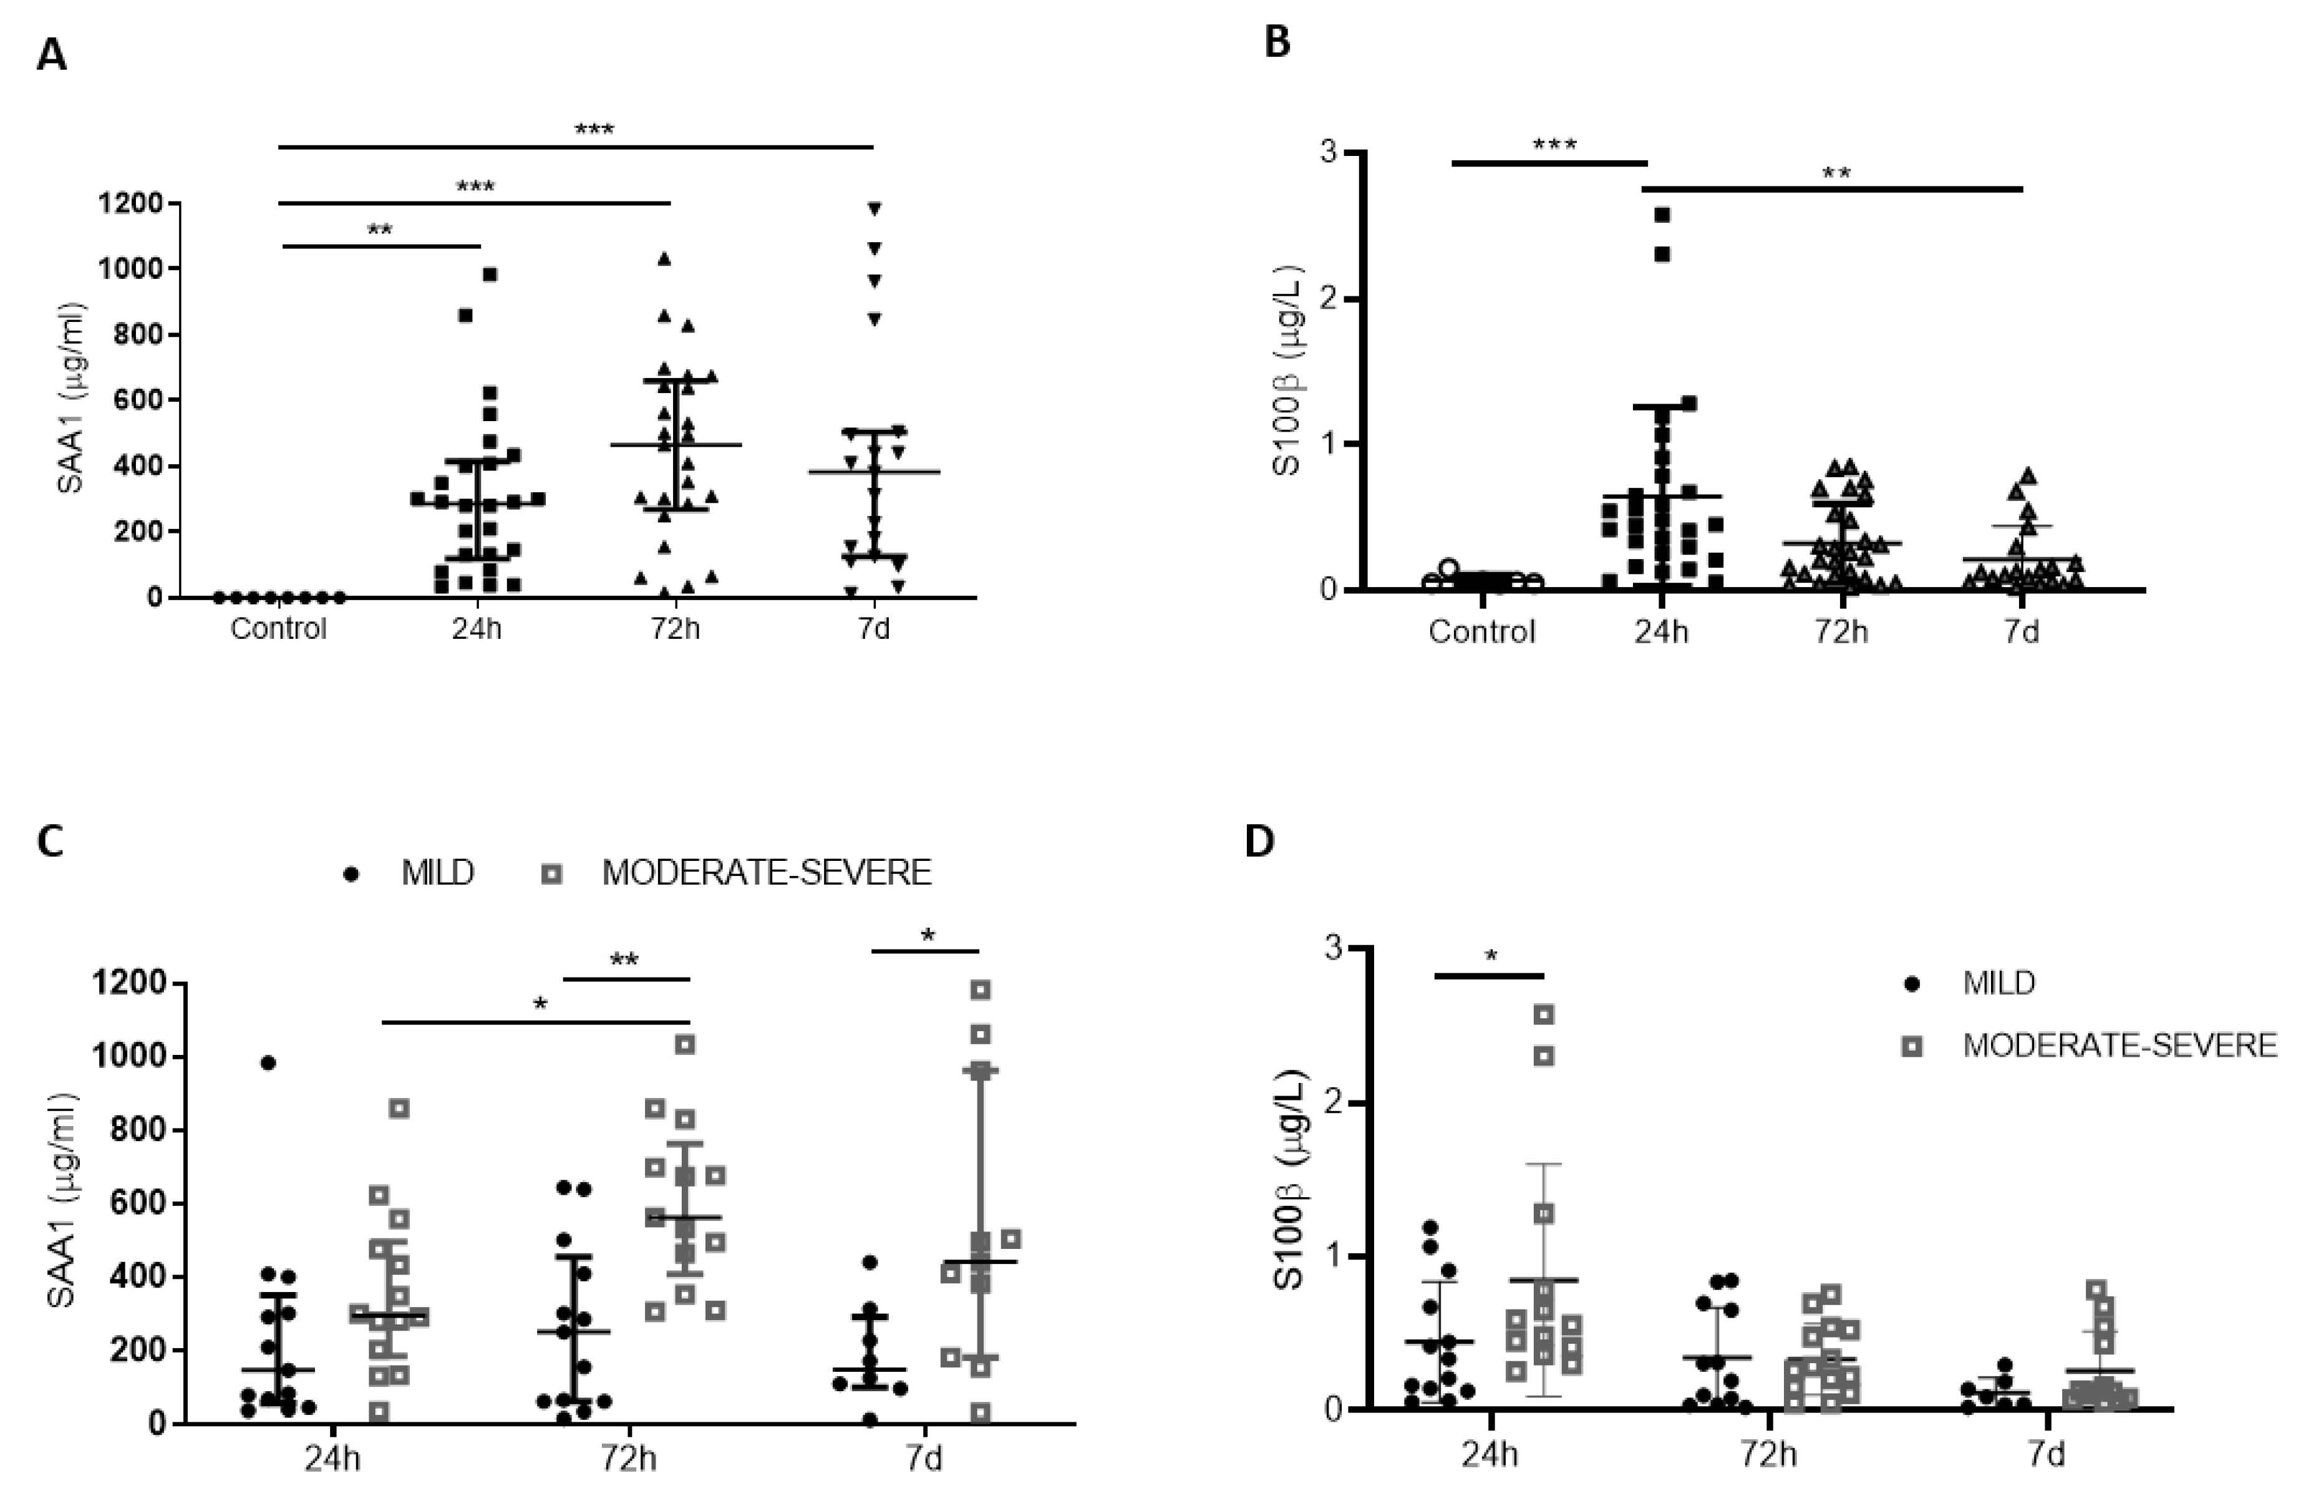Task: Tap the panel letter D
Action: coord(1259,842)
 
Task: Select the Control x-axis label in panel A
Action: coord(279,629)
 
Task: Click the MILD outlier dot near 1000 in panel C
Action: coord(269,1063)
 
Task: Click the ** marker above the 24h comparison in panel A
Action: coord(379,230)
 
